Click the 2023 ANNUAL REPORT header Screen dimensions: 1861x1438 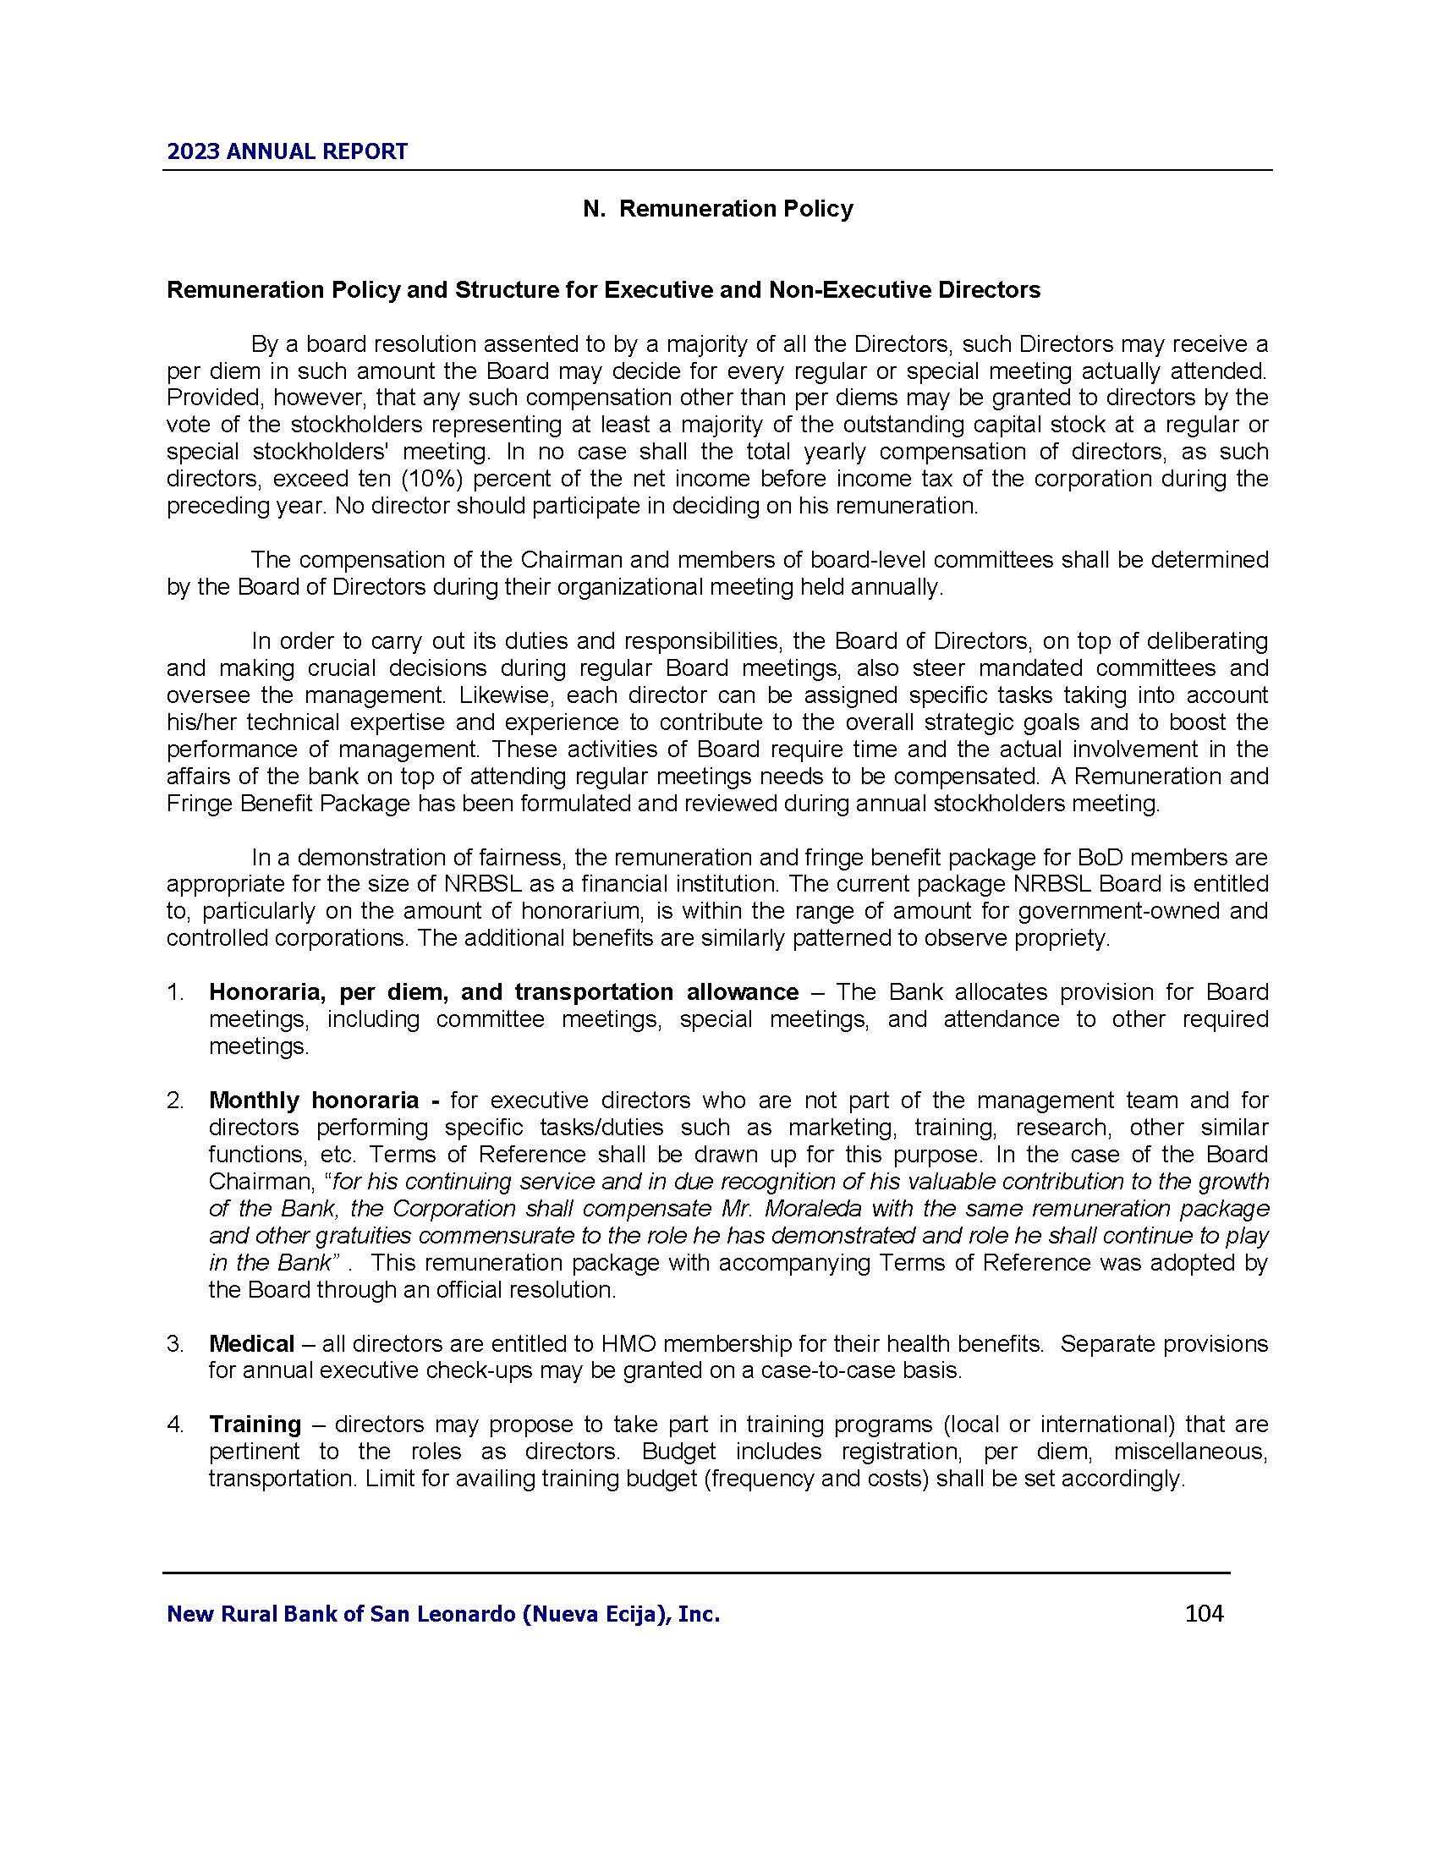287,151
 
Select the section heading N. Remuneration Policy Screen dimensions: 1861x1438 717,209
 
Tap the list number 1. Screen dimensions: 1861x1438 174,992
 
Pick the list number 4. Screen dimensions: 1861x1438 174,1424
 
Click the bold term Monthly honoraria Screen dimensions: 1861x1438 314,1100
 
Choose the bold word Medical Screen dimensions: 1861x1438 251,1344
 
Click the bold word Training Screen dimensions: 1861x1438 255,1424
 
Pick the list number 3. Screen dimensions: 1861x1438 174,1344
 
